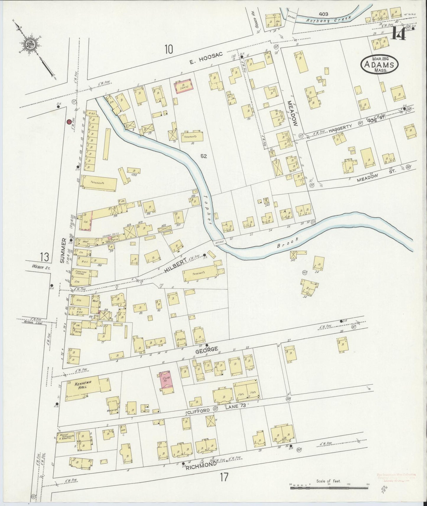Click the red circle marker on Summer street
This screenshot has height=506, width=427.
(x=69, y=121)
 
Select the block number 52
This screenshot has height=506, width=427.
(x=203, y=156)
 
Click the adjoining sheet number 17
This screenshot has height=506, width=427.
(x=224, y=476)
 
